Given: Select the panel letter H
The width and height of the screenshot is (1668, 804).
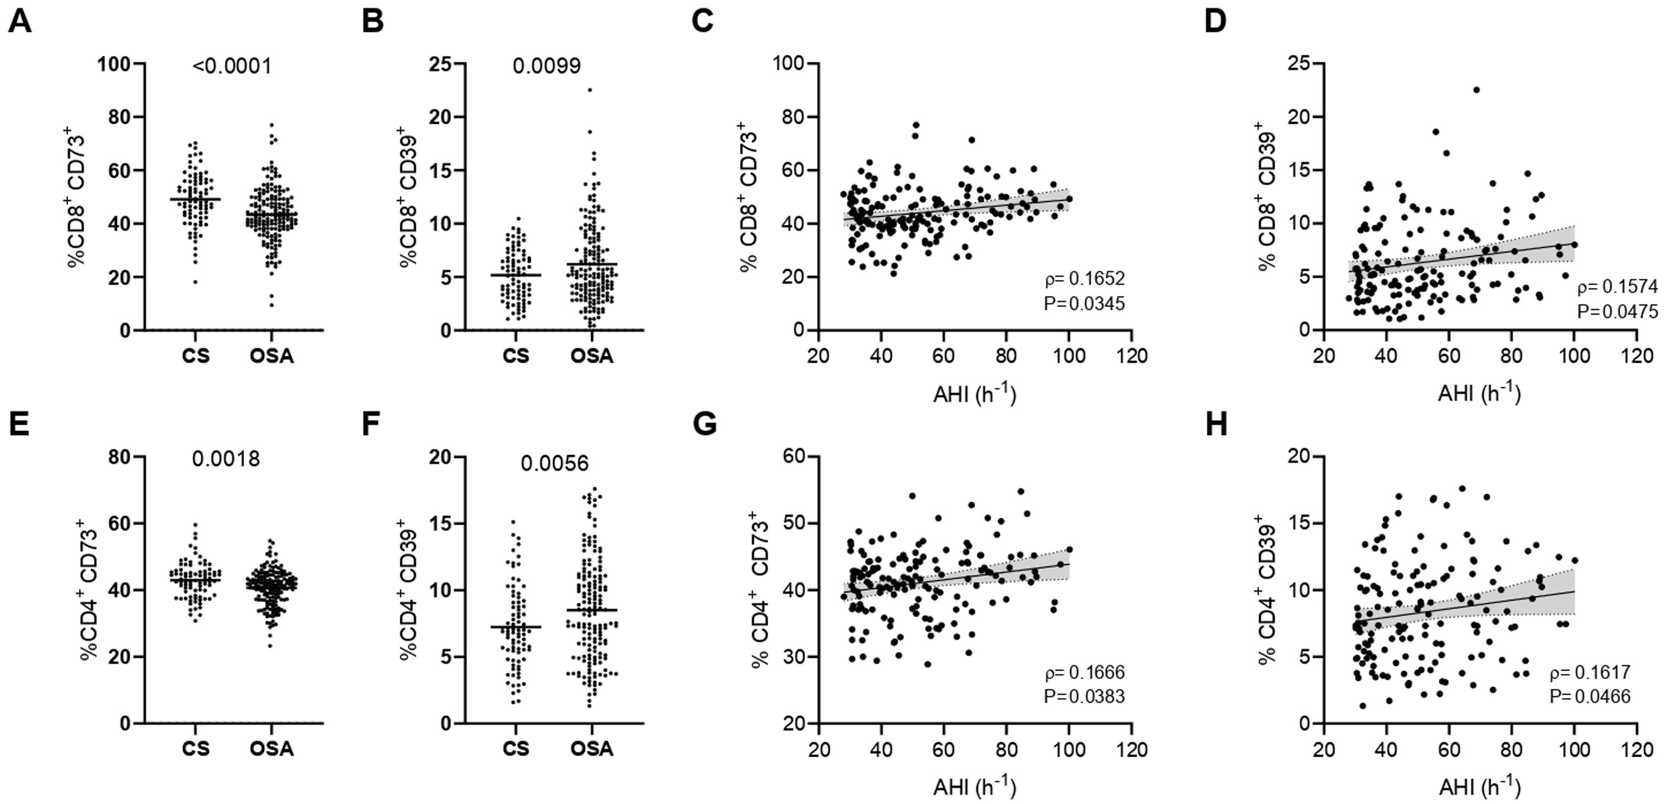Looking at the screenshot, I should tap(1216, 425).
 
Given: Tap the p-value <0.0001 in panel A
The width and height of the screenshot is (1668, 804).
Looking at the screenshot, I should tap(232, 66).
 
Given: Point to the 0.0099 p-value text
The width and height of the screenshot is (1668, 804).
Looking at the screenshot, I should tap(546, 66).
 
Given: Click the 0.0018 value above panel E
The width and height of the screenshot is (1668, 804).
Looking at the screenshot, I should tap(225, 459).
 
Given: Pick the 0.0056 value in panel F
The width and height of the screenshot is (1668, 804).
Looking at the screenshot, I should tap(555, 464).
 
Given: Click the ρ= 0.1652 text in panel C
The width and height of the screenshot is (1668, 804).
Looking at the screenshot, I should tap(1085, 278).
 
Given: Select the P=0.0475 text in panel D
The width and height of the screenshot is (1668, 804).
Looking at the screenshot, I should tap(1617, 311).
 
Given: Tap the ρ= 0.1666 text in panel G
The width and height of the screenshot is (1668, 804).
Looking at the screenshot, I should tap(1085, 673).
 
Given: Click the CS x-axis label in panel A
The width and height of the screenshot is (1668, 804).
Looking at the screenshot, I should tap(196, 356).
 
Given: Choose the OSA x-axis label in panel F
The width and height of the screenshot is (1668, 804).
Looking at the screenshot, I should tap(592, 749).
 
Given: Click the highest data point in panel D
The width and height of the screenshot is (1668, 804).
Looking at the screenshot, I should tap(1476, 90).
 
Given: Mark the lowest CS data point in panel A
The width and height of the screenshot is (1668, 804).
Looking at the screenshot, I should tap(195, 282).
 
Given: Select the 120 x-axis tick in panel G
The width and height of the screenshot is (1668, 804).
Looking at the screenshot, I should tap(1131, 749).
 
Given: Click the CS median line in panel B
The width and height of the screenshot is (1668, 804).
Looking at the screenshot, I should tap(516, 275).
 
